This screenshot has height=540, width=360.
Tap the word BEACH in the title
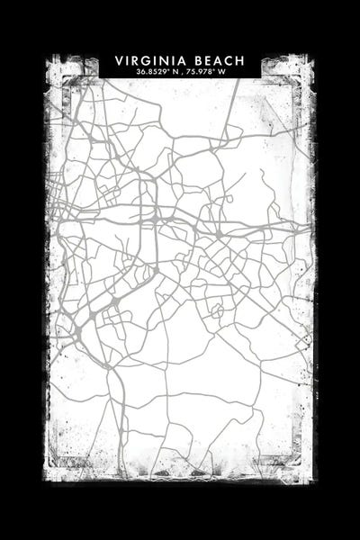click(x=215, y=60)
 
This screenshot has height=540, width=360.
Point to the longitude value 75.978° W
click(x=210, y=71)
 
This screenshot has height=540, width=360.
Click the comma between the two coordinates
click(x=181, y=72)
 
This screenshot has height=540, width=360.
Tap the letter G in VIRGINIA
click(x=145, y=60)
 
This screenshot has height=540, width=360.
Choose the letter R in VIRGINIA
click(x=134, y=60)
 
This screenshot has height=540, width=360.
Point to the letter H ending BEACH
click(x=239, y=60)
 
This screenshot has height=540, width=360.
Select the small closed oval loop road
click(x=216, y=311)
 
